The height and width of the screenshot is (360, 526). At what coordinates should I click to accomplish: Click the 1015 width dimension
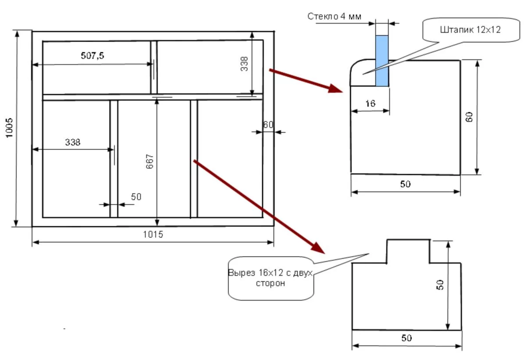[x=153, y=234]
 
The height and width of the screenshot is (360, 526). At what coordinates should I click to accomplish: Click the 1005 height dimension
[x=9, y=128]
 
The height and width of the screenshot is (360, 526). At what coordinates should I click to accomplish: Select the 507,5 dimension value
[x=92, y=56]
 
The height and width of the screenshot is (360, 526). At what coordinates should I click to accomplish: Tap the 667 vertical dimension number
[x=149, y=161]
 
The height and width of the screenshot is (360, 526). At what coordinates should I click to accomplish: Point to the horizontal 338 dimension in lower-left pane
[x=73, y=143]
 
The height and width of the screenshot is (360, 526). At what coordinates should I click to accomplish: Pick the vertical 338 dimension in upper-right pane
[x=244, y=64]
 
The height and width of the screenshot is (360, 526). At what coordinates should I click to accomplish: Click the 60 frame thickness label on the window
[x=268, y=125]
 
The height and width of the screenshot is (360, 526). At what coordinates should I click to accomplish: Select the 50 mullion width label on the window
[x=136, y=197]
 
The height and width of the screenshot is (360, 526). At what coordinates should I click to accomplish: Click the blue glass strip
[x=382, y=61]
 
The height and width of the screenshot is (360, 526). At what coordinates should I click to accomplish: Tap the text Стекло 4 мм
[x=334, y=16]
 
